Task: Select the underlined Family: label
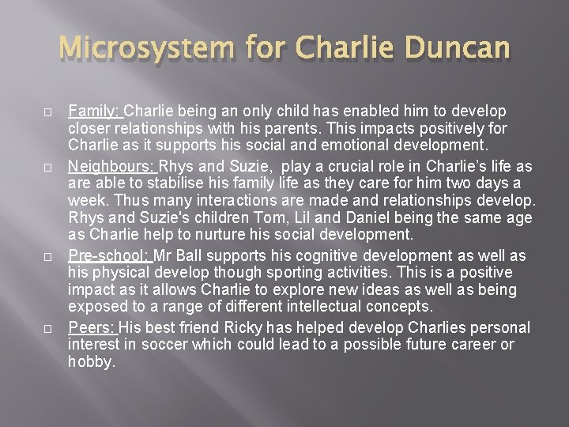pyautogui.click(x=95, y=111)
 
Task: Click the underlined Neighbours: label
pyautogui.click(x=113, y=167)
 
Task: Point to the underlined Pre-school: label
pyautogui.click(x=109, y=255)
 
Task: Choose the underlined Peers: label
pyautogui.click(x=92, y=327)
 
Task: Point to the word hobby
pyautogui.click(x=92, y=363)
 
